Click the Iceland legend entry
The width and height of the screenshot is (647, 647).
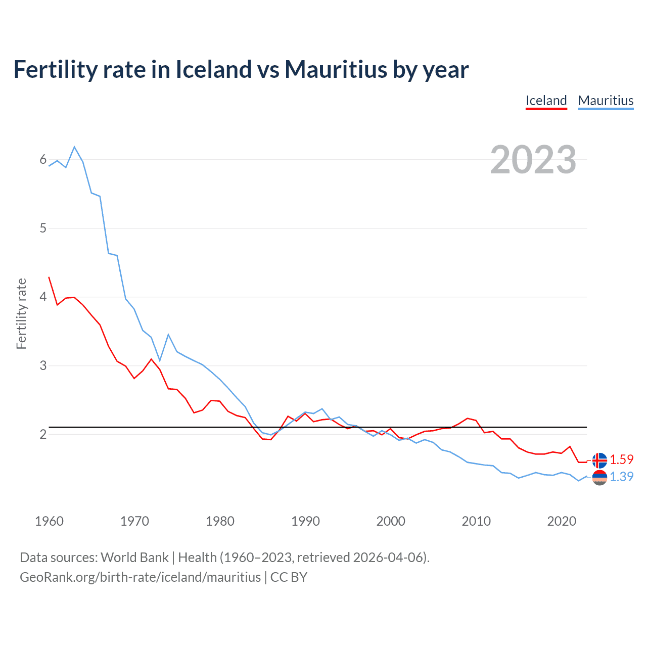tap(546, 101)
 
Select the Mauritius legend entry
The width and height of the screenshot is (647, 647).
tap(606, 101)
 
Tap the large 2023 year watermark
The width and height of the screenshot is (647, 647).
tap(533, 160)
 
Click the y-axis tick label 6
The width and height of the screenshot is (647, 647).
tap(43, 160)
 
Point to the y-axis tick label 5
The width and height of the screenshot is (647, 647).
tap(43, 228)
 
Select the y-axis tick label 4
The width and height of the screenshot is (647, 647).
tap(43, 297)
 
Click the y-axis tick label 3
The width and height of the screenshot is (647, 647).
tap(43, 365)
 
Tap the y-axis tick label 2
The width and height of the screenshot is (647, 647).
tap(43, 434)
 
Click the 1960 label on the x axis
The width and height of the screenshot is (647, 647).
tap(49, 521)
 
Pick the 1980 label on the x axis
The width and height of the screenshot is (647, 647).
tap(220, 521)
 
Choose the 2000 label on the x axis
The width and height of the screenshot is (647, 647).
tap(391, 521)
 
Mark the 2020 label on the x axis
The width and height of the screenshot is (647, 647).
tap(562, 521)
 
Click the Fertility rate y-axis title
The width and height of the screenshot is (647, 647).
tap(21, 313)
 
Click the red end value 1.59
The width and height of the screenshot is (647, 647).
tap(621, 460)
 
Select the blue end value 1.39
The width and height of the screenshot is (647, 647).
tap(621, 477)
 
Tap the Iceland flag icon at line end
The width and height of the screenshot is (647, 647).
tap(599, 460)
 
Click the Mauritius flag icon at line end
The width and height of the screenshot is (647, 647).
tap(599, 477)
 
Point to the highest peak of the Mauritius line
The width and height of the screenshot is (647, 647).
tap(74, 147)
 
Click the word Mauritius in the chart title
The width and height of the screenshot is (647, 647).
tap(335, 70)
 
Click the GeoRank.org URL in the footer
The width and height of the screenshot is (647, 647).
tap(140, 577)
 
